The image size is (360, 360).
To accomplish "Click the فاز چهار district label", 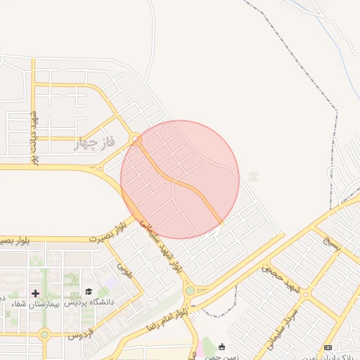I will click(x=97, y=145).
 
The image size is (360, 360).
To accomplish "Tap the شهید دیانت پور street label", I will click(x=33, y=136).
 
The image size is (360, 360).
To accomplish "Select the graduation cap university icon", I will click(x=89, y=292).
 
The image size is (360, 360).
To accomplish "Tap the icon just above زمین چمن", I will click(x=222, y=347).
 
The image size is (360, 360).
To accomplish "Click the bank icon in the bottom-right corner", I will click(x=328, y=347).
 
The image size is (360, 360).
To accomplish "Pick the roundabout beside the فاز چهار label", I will click(x=136, y=140).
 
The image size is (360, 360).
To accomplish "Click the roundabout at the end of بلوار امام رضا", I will click(x=189, y=290).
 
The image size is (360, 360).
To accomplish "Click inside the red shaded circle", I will click(x=180, y=179).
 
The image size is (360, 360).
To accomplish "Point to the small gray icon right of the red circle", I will click(x=253, y=177).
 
